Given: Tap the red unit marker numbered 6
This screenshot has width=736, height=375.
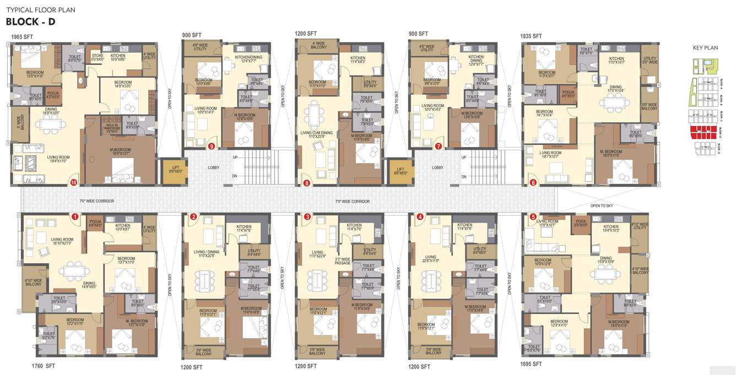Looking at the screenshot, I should pos(533,182).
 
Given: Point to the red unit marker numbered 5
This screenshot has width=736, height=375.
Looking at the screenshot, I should pos(533,217).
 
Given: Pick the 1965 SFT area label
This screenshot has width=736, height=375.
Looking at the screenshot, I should pos(22,36).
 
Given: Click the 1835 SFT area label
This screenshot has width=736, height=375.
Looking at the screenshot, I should pos(531,36).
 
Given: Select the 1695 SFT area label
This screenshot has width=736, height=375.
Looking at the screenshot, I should pos(531,364).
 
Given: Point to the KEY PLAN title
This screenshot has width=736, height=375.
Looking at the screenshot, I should pos(705,48).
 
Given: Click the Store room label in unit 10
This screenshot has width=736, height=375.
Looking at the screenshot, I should pos(98,57).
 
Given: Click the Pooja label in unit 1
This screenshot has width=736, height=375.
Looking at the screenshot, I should pos(96,223).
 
